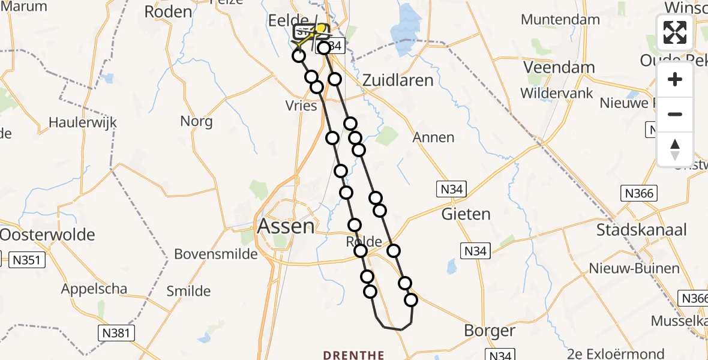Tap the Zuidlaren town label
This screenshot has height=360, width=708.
(398, 80)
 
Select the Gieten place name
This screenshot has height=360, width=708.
(466, 214)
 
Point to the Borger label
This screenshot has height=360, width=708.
(490, 331)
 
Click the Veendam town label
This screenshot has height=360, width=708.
(559, 67)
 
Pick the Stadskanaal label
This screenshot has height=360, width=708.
(641, 230)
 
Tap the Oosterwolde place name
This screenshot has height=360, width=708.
(47, 234)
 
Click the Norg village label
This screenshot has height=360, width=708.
(196, 122)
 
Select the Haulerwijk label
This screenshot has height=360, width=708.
(83, 123)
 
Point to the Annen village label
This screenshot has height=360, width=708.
(433, 137)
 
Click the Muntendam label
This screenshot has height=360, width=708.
(560, 19)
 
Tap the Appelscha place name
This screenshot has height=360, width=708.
(94, 289)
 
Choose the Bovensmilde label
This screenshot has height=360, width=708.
(215, 254)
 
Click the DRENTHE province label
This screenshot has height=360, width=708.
(353, 355)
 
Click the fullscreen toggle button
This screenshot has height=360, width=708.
(675, 32)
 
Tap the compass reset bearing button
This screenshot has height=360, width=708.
(675, 149)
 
